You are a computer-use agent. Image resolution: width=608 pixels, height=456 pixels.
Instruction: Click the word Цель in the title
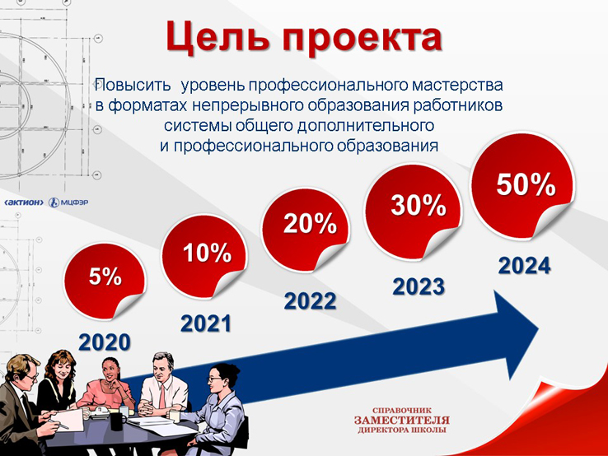click(218, 37)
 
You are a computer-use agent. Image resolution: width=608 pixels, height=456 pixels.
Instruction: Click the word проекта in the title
click(362, 38)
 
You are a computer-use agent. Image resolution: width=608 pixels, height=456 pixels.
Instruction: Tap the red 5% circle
click(105, 281)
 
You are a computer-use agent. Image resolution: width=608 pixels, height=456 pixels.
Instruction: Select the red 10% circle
click(205, 257)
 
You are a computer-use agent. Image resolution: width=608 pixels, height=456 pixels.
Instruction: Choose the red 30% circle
click(413, 212)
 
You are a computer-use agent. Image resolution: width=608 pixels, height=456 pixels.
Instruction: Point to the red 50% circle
click(522, 186)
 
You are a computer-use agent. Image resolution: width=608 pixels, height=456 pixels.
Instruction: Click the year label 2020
click(105, 342)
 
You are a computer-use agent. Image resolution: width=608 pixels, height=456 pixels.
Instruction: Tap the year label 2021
click(206, 323)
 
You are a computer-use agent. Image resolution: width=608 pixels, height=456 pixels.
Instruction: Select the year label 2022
click(311, 301)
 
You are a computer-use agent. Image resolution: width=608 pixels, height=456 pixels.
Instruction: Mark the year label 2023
click(419, 287)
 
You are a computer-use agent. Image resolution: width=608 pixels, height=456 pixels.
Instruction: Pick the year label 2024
click(524, 266)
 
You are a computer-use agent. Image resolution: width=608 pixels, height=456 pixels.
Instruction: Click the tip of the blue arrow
click(539, 329)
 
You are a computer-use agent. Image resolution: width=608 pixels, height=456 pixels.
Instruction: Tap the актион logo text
click(24, 202)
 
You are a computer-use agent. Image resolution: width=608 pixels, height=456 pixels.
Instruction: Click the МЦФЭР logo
click(68, 202)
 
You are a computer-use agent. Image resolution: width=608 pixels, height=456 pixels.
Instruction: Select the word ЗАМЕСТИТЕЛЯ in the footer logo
click(402, 420)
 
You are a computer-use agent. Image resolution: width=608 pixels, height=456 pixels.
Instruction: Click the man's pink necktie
click(162, 394)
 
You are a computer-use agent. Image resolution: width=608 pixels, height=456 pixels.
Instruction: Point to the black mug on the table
click(117, 421)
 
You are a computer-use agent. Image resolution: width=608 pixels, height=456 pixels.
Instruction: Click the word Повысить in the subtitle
click(133, 85)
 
